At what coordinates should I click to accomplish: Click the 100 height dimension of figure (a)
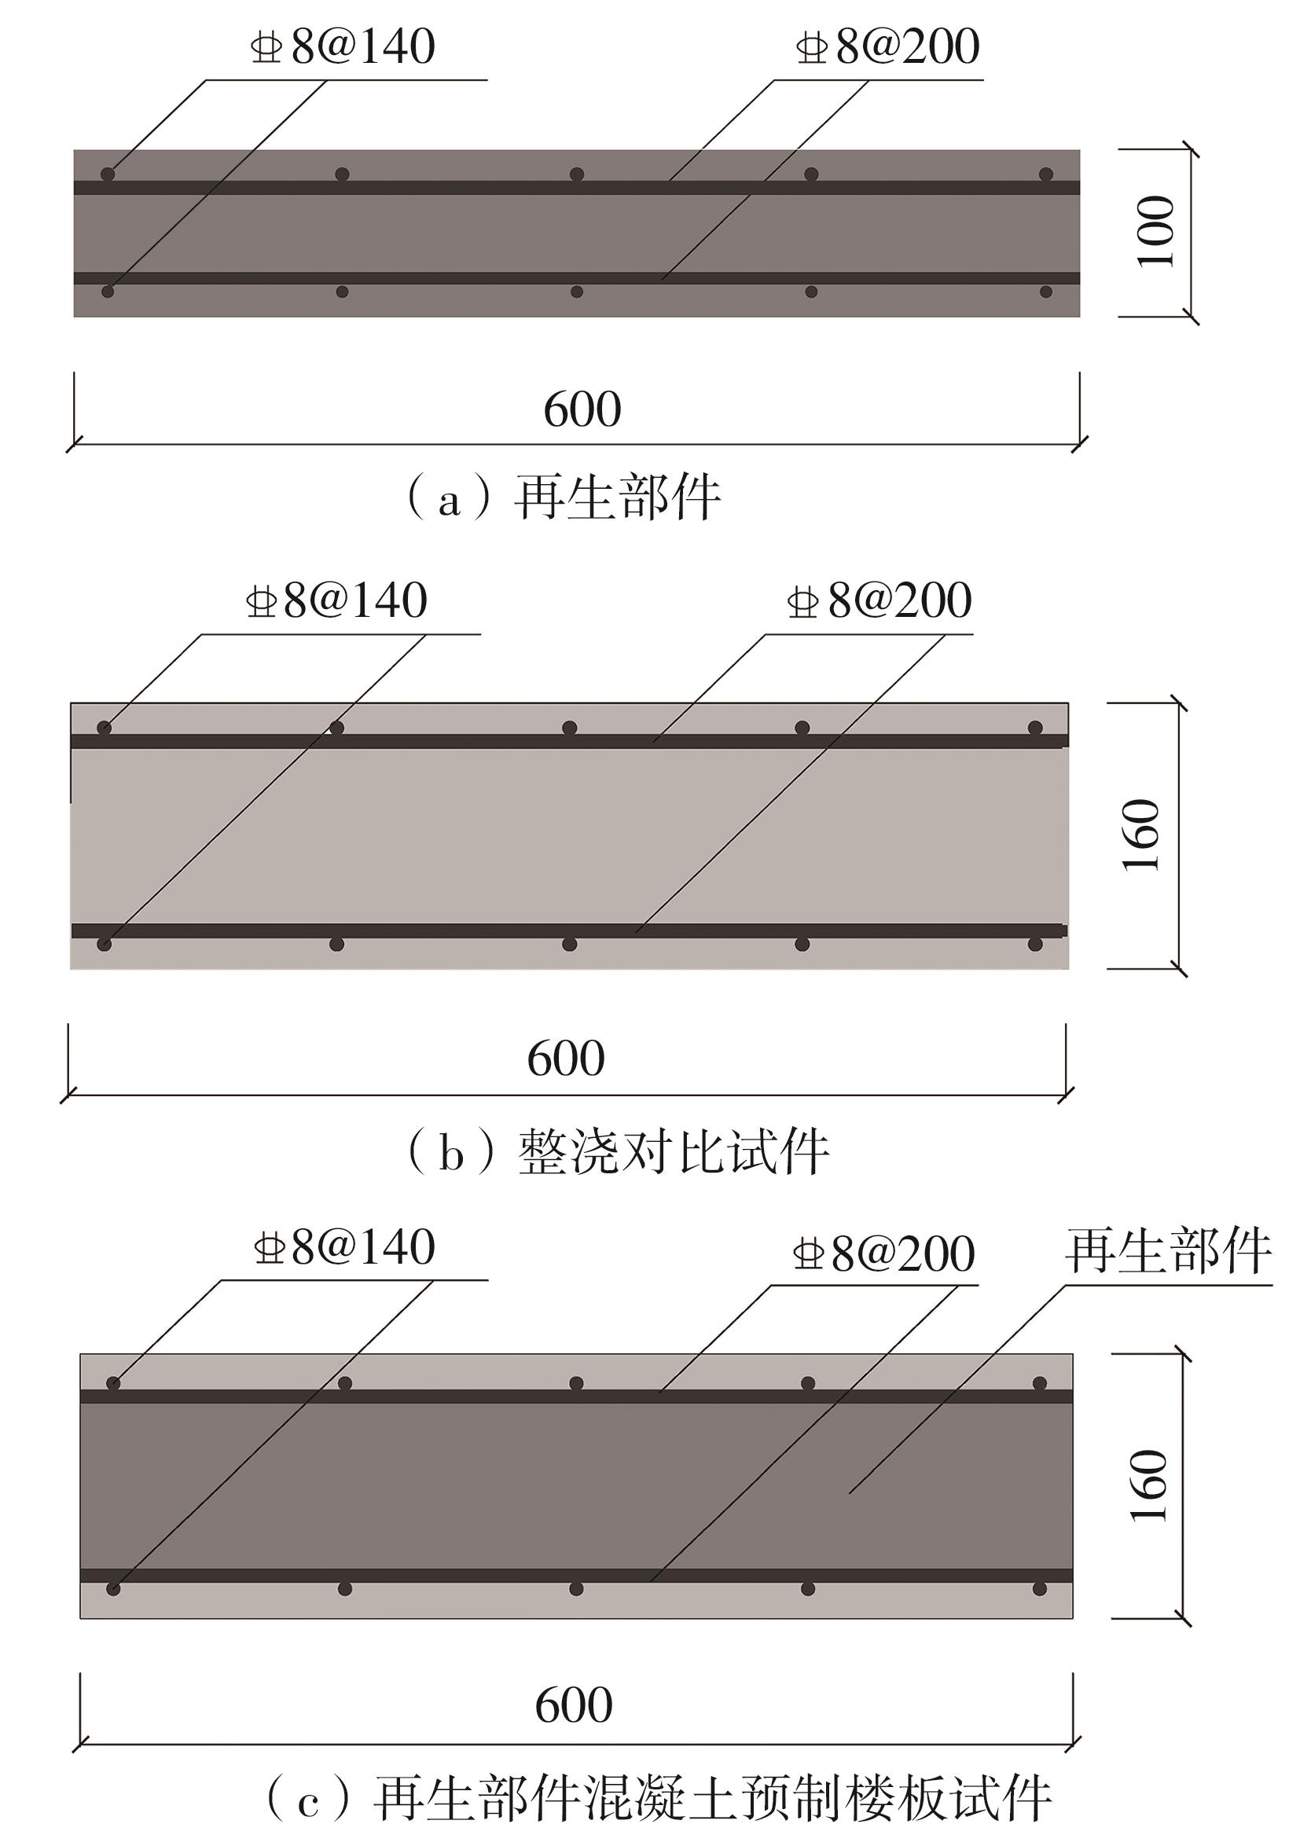pos(1155,232)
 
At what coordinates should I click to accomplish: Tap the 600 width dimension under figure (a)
pos(582,409)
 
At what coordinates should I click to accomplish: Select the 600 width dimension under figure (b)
pos(566,1058)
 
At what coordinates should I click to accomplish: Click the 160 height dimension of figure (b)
pos(1141,835)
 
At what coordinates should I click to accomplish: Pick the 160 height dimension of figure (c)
pos(1149,1486)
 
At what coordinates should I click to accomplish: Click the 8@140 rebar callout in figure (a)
pos(343,46)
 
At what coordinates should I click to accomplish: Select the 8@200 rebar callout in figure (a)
pos(887,46)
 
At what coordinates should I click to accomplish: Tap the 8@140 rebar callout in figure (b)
pos(336,600)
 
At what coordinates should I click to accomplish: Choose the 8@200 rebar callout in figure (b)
pos(880,600)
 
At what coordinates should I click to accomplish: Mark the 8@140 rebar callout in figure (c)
pos(344,1247)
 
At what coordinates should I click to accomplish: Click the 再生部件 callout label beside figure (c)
pos(1168,1250)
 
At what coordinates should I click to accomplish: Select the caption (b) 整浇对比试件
pos(619,1153)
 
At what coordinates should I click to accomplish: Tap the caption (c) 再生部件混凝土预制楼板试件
pos(659,1798)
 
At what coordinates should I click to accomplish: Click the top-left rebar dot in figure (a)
pos(108,174)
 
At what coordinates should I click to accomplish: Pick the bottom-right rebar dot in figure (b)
pos(1034,944)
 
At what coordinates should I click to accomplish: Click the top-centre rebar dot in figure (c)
pos(576,1383)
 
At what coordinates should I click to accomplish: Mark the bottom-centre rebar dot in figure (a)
pos(576,292)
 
